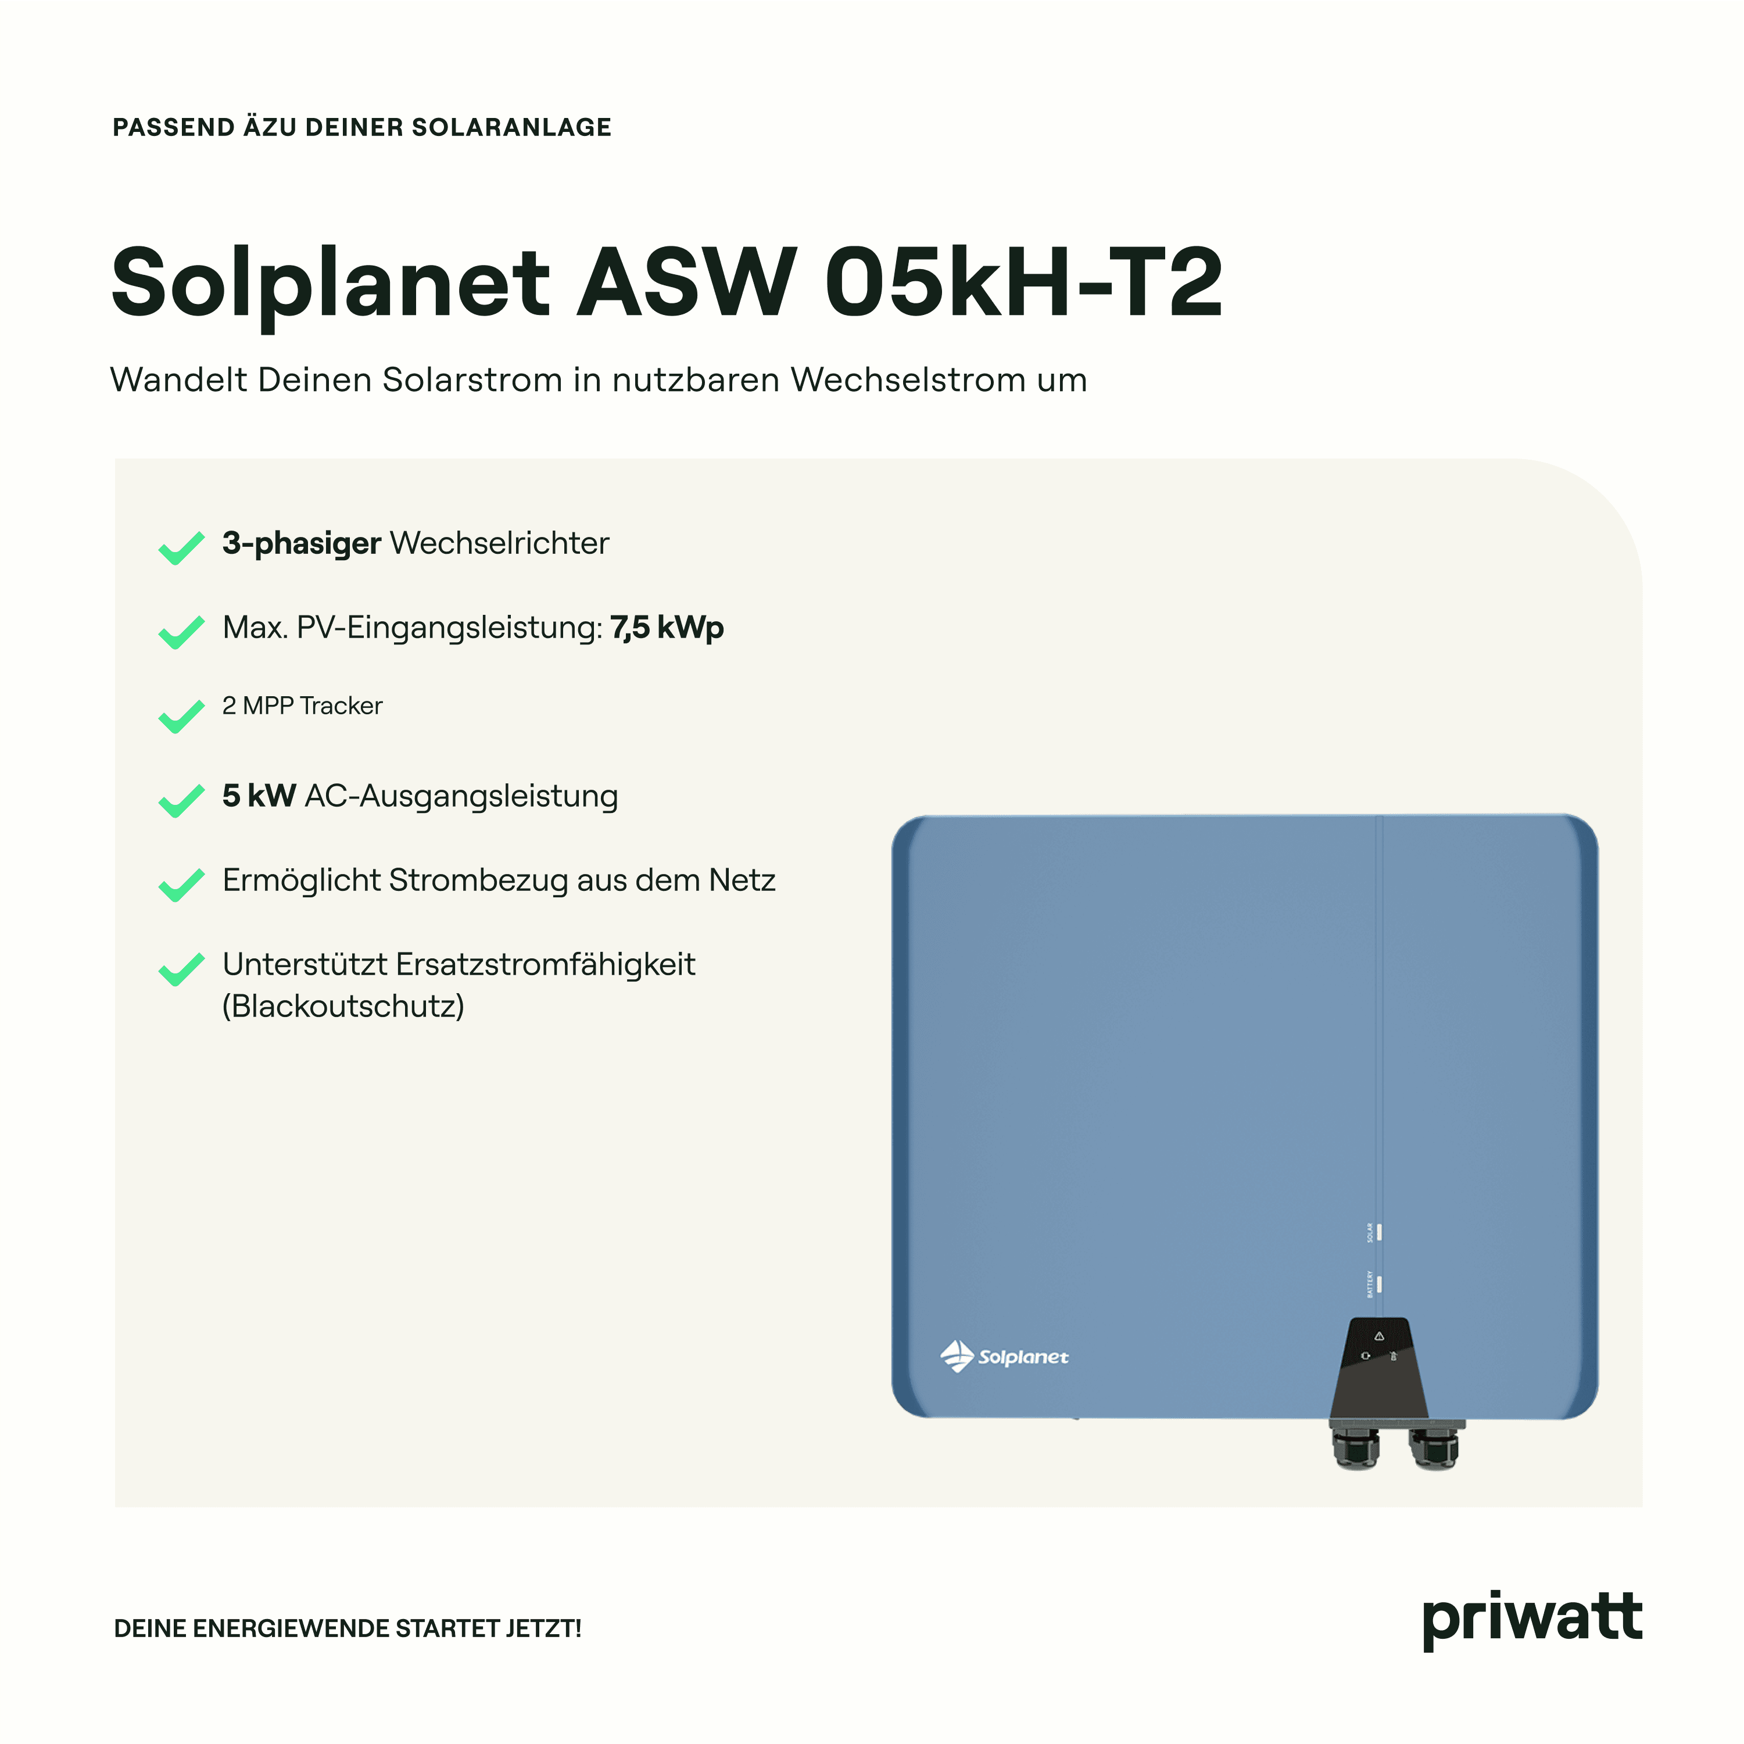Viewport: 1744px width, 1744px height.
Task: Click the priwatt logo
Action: pos(1532,1620)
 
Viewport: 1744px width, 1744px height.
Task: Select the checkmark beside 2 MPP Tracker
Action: pos(181,716)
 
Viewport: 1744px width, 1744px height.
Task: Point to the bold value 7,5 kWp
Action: pos(667,628)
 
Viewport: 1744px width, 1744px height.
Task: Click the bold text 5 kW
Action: pos(259,795)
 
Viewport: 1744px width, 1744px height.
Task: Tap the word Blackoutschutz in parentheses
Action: pos(343,1005)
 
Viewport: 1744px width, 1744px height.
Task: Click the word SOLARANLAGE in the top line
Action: pos(512,127)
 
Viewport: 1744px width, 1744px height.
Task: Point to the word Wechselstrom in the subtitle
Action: pos(909,380)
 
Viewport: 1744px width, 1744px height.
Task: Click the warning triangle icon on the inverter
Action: pos(1378,1336)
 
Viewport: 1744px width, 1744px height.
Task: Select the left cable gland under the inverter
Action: pos(1356,1445)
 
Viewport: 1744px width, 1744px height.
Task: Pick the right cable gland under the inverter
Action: pos(1434,1445)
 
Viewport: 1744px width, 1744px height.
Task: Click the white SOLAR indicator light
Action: pos(1378,1232)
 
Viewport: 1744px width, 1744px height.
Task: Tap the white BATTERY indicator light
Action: pos(1378,1284)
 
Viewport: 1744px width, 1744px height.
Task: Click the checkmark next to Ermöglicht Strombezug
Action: pos(181,884)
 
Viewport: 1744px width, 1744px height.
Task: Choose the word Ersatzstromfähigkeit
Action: pos(545,964)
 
